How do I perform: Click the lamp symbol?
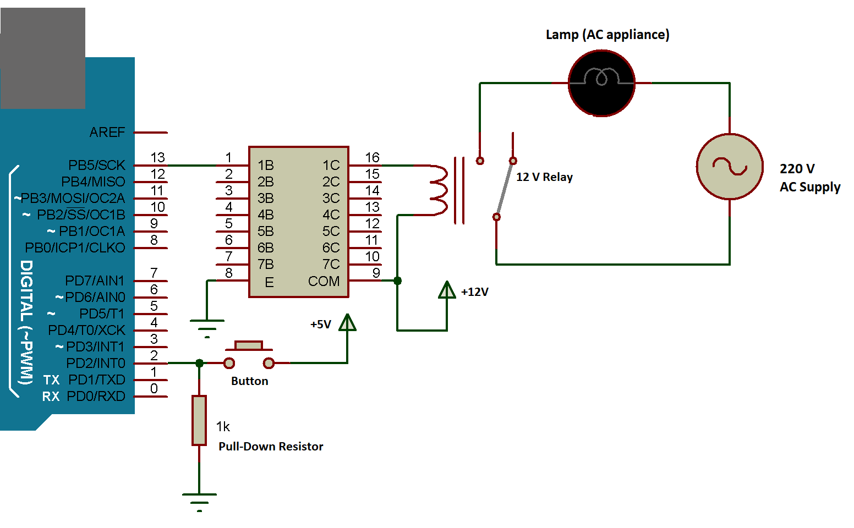tap(601, 83)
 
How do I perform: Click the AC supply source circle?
tap(730, 166)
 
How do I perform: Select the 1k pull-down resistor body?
tap(199, 420)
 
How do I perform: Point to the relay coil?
tap(439, 190)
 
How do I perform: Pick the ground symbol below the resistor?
tap(199, 501)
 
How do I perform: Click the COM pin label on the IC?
tap(324, 281)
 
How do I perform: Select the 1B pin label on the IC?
tap(266, 165)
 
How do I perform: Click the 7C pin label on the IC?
tap(331, 265)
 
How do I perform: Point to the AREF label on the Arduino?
tap(107, 133)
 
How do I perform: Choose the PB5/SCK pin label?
tap(97, 165)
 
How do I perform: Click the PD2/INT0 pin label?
tap(96, 364)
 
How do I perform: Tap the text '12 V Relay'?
tap(544, 177)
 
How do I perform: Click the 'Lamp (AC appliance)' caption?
tap(607, 35)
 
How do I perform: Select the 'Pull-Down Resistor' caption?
tap(271, 447)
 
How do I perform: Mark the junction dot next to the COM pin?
tap(397, 281)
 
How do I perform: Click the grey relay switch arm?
tap(505, 189)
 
